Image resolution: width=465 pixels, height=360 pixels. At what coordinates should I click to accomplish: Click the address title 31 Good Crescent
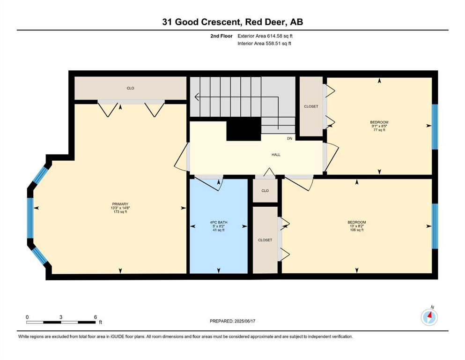coord(200,22)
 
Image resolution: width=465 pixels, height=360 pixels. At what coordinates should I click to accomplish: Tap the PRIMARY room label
coord(120,204)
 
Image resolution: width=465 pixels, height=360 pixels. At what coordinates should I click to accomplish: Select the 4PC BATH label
coord(219,222)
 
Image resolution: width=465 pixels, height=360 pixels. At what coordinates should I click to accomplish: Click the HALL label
coord(276,155)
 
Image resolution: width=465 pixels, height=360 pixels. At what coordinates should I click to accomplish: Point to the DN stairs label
coord(289,139)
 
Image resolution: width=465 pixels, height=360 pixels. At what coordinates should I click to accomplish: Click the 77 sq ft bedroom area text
coord(379,130)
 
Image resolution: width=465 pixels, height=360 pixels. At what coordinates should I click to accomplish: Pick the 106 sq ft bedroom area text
coord(357,230)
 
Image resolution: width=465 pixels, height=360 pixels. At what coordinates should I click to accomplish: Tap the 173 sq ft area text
coord(120,211)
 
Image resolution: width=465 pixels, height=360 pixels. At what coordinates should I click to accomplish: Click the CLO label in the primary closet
coord(131,88)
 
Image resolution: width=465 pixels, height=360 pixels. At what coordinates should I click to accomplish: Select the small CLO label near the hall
coord(265,191)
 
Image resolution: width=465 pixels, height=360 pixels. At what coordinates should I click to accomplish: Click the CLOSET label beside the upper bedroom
coord(311,106)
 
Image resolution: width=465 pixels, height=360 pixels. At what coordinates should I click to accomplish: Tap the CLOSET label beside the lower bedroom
coord(265,240)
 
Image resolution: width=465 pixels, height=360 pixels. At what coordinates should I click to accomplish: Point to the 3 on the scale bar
coord(61,317)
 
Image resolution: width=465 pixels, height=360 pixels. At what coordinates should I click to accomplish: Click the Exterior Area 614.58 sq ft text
coord(265,36)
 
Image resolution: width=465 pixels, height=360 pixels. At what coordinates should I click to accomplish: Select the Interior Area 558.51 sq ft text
coord(264,43)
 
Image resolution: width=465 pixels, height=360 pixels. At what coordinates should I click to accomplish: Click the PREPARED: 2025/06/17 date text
coord(232,321)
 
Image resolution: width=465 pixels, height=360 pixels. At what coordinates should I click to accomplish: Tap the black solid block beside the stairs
coord(244,129)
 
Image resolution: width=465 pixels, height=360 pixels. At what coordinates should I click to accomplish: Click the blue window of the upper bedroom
coord(435,127)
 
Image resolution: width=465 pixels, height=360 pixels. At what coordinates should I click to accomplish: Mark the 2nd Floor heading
coord(221,36)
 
